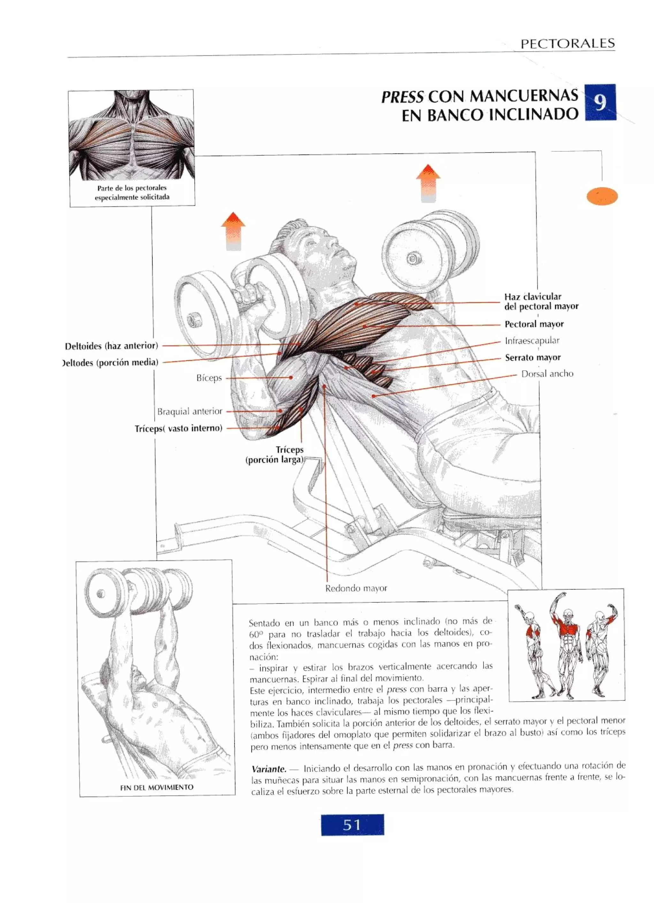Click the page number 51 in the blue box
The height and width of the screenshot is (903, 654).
352,824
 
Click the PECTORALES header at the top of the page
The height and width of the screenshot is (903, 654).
567,43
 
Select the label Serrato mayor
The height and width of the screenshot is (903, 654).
533,357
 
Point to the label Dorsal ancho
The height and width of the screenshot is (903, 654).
547,374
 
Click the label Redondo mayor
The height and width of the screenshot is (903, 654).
356,588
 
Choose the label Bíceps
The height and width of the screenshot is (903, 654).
209,378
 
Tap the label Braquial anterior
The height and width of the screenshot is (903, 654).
190,411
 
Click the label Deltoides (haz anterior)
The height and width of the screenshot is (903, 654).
111,346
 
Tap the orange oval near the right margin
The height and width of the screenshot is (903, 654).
602,196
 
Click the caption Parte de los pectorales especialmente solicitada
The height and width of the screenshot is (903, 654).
132,193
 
